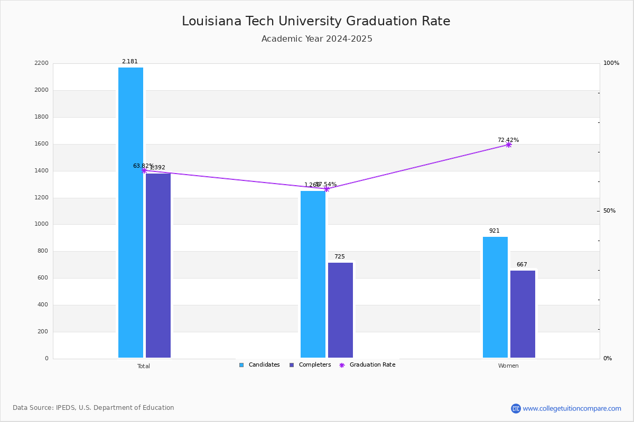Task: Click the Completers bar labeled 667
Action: coord(523,314)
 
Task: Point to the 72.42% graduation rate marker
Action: coord(508,145)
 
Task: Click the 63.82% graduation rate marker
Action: coord(144,170)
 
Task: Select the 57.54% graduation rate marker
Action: coord(326,189)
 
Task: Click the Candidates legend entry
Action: coord(259,365)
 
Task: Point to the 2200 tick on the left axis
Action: coord(42,63)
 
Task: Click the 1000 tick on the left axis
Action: coord(42,224)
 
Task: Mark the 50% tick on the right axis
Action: coord(609,211)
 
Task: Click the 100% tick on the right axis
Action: coord(611,63)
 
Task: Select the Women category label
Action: coord(508,366)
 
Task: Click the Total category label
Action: coord(144,366)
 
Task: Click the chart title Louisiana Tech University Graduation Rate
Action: coord(316,22)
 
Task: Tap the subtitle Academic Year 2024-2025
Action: coord(317,39)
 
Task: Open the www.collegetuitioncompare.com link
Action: coord(572,408)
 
